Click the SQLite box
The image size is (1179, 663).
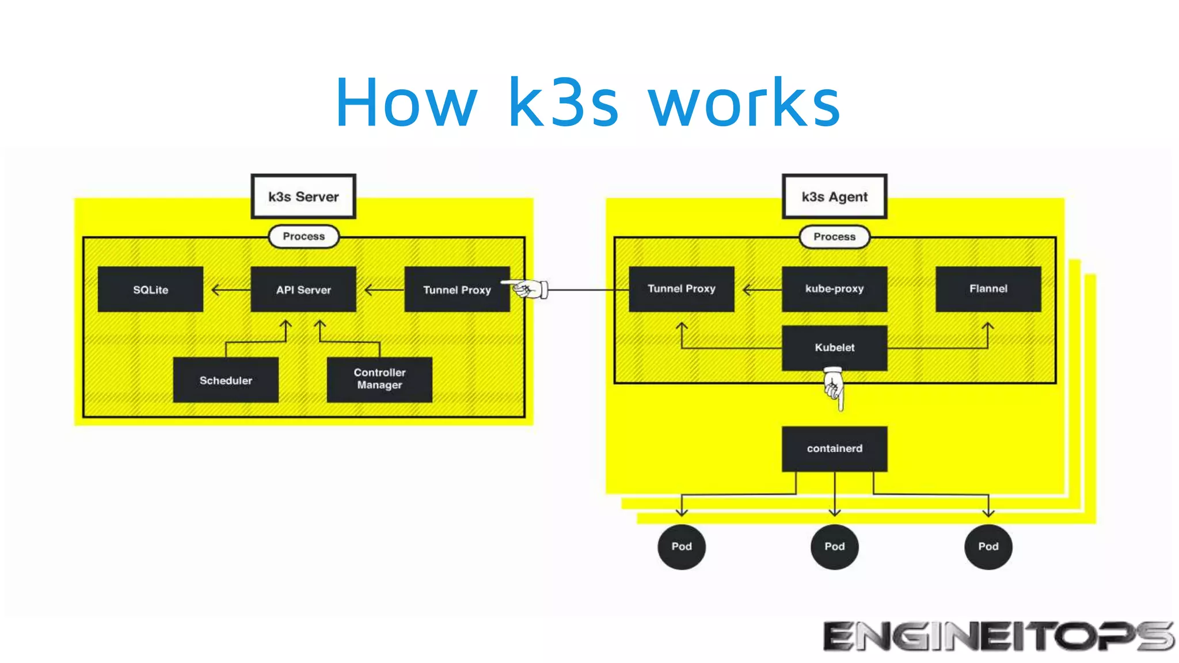point(150,289)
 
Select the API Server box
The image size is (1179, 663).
point(303,289)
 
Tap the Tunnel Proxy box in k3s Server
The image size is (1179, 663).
point(457,289)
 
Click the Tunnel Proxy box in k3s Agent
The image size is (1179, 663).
point(681,288)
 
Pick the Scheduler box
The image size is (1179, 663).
point(226,380)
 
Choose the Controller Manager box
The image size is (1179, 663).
point(379,379)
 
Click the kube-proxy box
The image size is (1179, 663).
point(834,288)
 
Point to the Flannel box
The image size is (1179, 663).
point(988,288)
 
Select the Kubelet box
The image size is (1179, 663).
point(834,348)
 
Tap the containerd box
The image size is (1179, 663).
point(834,448)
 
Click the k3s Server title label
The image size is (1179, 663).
point(303,197)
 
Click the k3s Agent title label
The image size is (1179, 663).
point(834,197)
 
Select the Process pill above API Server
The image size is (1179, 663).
point(303,237)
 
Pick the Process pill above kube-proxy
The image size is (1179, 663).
point(834,237)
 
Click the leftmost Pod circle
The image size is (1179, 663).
point(682,546)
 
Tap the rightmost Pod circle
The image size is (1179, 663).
point(988,546)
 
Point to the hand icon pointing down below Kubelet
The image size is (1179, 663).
point(834,388)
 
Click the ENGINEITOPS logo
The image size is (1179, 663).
point(998,636)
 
